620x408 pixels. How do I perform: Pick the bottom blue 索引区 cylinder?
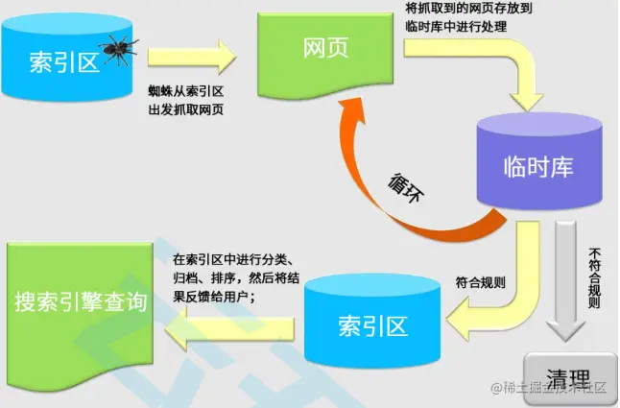(372, 322)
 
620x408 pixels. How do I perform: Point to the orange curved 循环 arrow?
(384, 192)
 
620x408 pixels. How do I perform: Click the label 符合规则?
(480, 283)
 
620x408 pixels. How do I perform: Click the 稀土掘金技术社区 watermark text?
(557, 388)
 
